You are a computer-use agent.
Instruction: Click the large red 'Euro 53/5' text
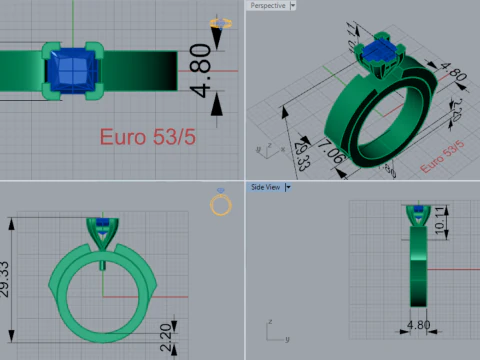[x=146, y=136]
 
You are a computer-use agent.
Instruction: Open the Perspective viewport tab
[x=265, y=6]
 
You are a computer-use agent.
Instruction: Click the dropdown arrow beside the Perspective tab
[x=293, y=6]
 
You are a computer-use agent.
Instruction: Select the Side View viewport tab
[x=265, y=186]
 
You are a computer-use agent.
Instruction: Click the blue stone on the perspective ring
[x=381, y=51]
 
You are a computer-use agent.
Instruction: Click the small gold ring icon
[x=220, y=205]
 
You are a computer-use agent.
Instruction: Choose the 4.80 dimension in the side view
[x=418, y=325]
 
